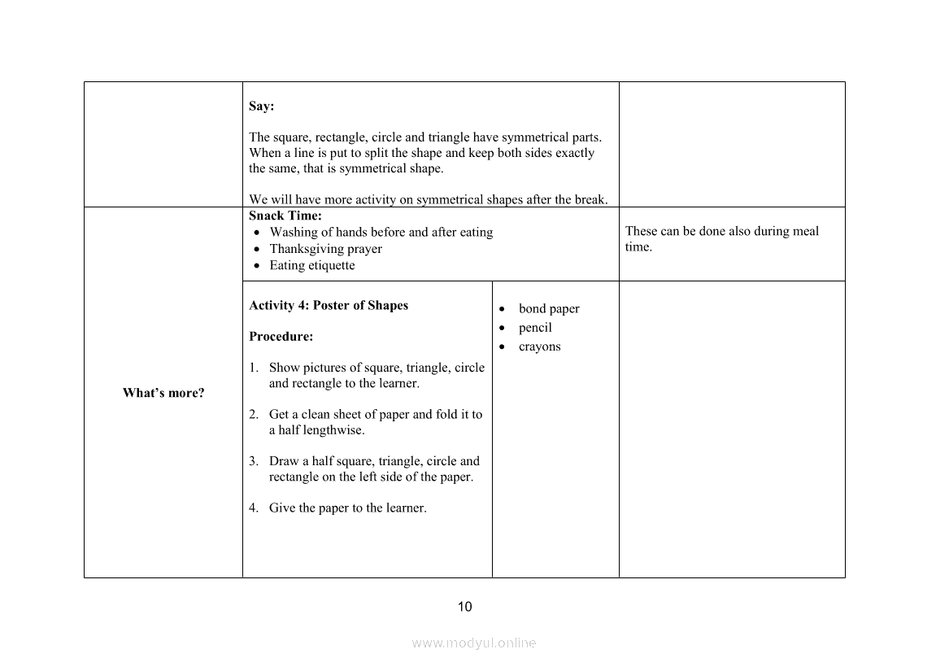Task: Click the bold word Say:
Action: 261,107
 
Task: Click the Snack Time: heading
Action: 285,216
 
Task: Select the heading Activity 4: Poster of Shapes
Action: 329,306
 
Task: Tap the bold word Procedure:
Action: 281,337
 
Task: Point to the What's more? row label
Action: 163,394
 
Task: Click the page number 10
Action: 465,607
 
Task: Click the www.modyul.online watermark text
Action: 474,643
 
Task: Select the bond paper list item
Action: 549,309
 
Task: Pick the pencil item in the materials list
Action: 535,328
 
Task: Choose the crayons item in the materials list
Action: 540,347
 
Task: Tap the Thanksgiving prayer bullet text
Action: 325,250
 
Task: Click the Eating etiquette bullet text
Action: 312,266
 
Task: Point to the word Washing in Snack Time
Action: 293,233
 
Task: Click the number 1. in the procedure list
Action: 254,368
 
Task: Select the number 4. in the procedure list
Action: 254,508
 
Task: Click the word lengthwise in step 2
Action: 333,430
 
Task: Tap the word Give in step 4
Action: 282,508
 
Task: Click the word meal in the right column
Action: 806,232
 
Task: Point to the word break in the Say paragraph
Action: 589,199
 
